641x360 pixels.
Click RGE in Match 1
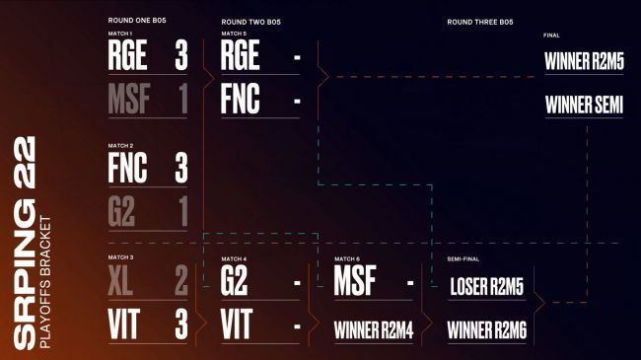point(127,56)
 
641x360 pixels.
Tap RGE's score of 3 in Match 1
point(180,56)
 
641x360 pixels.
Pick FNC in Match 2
point(127,168)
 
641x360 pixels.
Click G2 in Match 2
point(121,212)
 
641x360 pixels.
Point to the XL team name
point(120,281)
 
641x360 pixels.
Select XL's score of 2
point(180,281)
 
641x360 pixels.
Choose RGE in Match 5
point(241,56)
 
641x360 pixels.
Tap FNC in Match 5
point(241,101)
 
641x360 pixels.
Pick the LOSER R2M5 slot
point(486,287)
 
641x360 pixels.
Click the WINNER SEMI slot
point(584,105)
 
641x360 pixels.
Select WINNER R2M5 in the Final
point(584,60)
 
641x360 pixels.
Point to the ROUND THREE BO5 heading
point(480,21)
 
